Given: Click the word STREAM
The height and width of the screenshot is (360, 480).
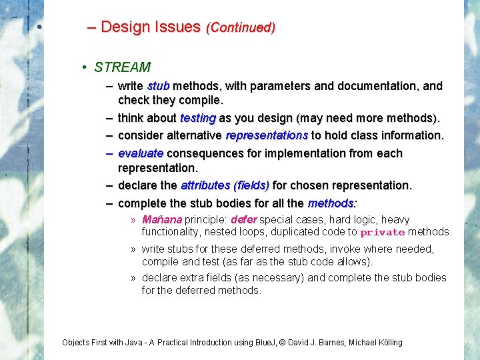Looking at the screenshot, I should [122, 67].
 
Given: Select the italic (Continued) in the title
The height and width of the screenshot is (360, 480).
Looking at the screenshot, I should [241, 28].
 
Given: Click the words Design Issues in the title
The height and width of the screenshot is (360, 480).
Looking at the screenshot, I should [151, 27].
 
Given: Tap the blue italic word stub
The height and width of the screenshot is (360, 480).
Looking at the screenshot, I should [158, 86].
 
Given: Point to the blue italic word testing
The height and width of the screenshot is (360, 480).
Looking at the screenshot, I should [197, 118].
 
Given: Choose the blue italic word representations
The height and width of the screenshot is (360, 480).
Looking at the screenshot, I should [267, 135].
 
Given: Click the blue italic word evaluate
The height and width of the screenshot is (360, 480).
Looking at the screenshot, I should [141, 153].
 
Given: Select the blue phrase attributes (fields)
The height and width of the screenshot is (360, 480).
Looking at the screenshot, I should [225, 185].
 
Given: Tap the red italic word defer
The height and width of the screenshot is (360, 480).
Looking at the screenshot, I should [243, 219].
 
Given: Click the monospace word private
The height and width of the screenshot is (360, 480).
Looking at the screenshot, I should [382, 233].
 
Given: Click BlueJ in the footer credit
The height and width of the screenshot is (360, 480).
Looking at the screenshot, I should [267, 343].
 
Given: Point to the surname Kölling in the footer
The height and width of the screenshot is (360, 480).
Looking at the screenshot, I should [387, 343].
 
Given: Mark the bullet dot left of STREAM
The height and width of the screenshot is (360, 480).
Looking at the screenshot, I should [85, 68].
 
